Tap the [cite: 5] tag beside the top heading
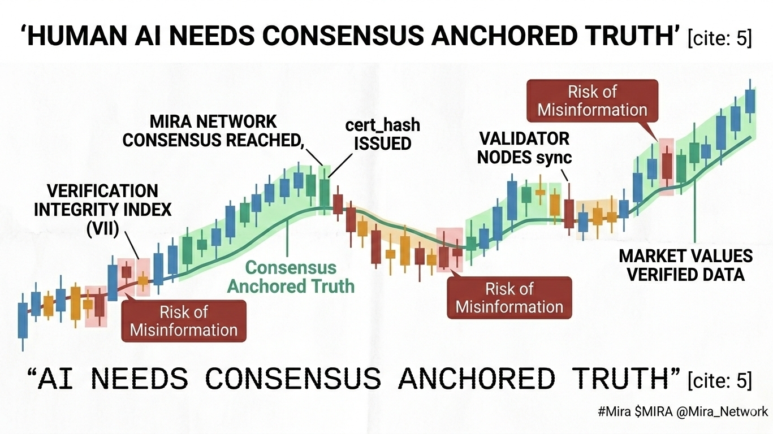(719, 38)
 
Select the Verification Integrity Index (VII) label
(102, 210)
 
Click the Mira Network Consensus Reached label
(213, 131)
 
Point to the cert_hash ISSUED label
(383, 134)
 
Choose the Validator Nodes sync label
(524, 148)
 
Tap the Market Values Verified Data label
(686, 265)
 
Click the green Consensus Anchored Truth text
(291, 277)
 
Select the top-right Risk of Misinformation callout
(592, 101)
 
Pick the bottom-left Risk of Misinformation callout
(184, 321)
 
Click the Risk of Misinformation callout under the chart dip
(509, 298)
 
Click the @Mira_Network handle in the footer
(722, 411)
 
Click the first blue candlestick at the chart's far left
(23, 321)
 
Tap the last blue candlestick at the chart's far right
(750, 101)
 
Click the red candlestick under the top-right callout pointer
(667, 166)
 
